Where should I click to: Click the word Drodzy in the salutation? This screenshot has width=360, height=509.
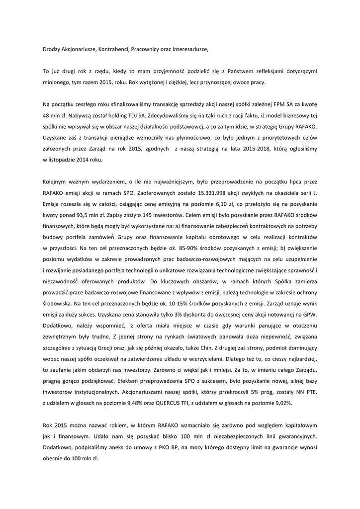point(52,49)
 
